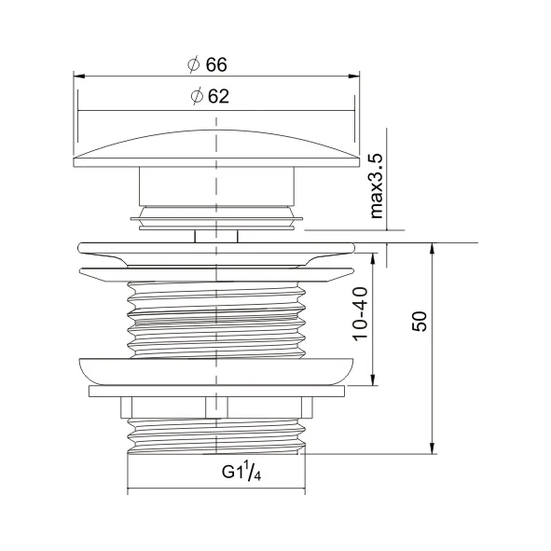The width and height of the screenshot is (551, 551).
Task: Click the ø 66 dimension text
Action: pyautogui.click(x=207, y=64)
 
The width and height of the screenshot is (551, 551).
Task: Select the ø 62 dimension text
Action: pyautogui.click(x=209, y=96)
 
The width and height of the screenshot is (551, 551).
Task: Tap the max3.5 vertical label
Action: pyautogui.click(x=377, y=186)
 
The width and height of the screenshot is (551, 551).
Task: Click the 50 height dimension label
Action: pyautogui.click(x=420, y=322)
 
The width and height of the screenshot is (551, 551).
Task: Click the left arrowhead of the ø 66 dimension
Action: pyautogui.click(x=78, y=77)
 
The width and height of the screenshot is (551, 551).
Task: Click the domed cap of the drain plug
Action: pyautogui.click(x=216, y=145)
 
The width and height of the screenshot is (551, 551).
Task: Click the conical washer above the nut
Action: pyautogui.click(x=216, y=369)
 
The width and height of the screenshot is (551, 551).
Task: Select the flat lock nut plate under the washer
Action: pyautogui.click(x=216, y=391)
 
